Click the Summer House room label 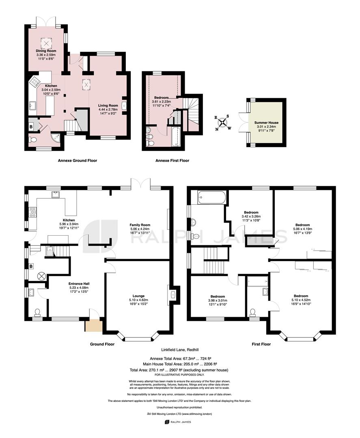point(266,122)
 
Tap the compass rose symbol point(223,122)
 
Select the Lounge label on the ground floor point(138,296)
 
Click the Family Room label point(140,225)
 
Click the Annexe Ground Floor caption point(78,161)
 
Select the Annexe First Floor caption point(172,161)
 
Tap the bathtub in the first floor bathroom point(211,198)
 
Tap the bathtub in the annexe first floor point(175,136)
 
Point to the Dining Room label point(46,51)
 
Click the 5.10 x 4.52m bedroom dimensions point(301,300)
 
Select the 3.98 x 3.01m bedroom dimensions point(218,301)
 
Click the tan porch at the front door point(94,325)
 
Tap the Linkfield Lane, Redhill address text point(180,350)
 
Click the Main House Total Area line point(180,364)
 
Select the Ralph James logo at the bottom point(178,422)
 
